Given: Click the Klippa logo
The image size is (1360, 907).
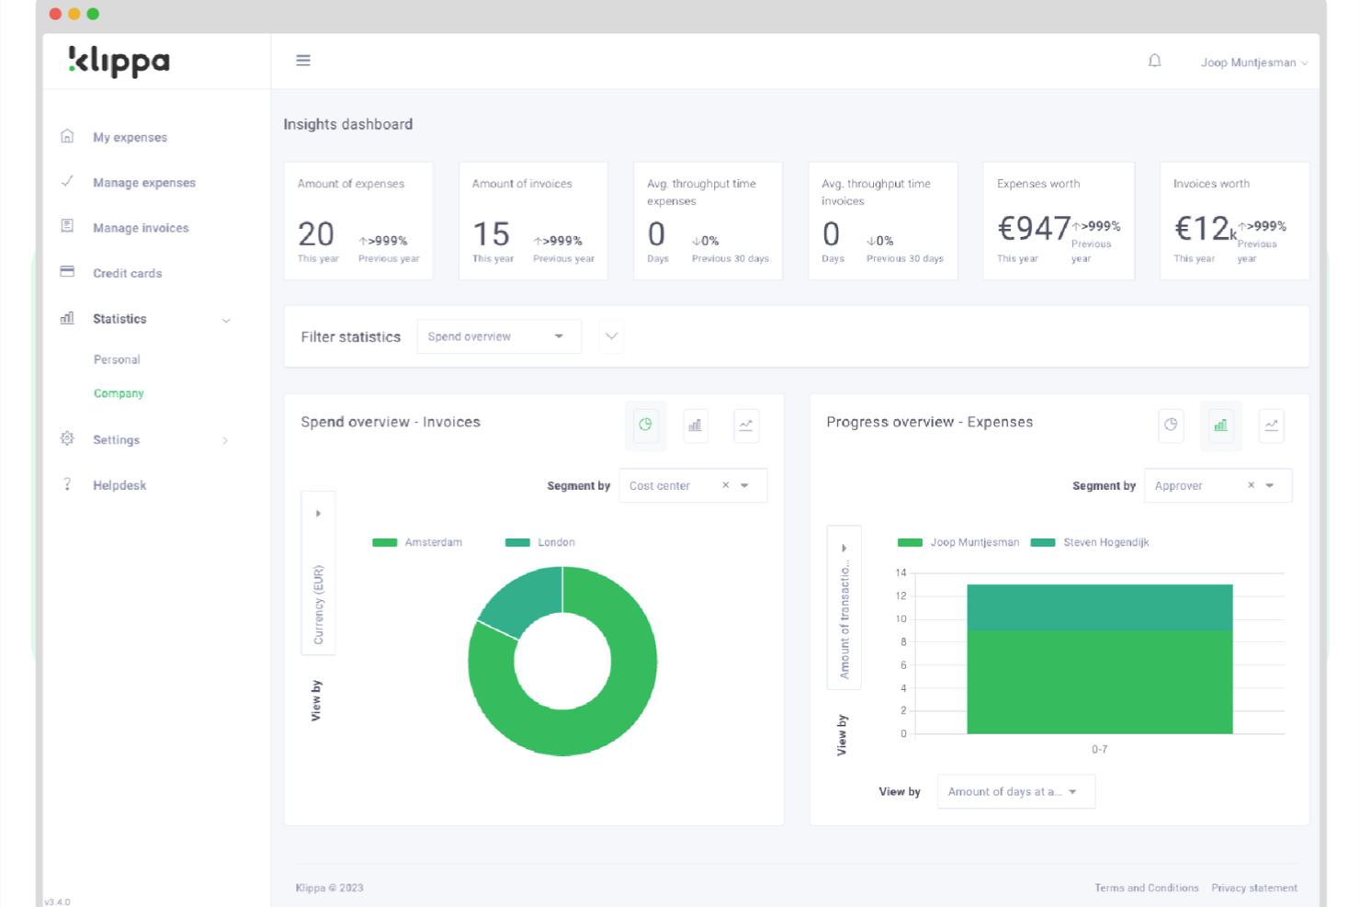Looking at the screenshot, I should point(119,62).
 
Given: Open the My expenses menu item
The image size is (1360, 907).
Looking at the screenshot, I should point(130,138).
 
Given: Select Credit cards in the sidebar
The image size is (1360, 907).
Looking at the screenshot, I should point(127,274).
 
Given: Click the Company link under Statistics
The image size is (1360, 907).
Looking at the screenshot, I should point(119,393).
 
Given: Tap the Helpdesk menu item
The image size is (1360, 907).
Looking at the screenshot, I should point(119,485).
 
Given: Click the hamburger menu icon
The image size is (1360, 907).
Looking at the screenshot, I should point(303,61).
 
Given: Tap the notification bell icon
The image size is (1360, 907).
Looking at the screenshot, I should point(1154,62).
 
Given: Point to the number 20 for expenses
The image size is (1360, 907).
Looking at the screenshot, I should point(316,234).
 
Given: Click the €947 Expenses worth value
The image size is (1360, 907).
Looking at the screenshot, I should point(1034,228).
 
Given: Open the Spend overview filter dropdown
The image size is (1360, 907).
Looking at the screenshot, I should point(498,336).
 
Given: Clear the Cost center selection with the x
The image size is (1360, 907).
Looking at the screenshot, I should point(725,485).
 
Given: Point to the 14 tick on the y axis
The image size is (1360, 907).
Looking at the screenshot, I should point(901,573).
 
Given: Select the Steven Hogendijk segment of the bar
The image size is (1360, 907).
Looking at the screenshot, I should point(1099,607).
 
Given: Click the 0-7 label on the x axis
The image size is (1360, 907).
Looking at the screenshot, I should point(1099,750).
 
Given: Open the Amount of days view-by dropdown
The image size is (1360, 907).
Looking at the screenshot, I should point(1015,791).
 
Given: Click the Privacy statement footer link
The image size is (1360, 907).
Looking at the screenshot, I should point(1253,888).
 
